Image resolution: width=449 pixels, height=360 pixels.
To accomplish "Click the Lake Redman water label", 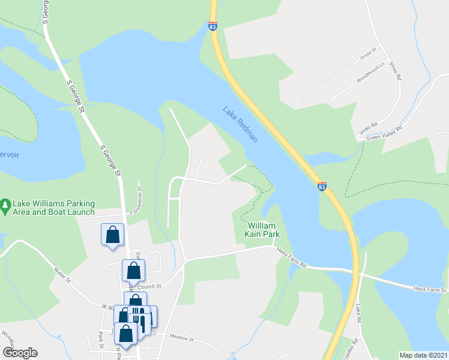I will point(240,124).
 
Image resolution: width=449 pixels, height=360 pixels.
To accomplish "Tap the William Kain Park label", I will point(262,230).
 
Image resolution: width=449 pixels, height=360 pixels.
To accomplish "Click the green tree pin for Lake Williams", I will point(5,205).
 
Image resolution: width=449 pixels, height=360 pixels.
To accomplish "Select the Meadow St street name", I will point(182,338).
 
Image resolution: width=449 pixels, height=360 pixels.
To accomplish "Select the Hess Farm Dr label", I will point(429,289).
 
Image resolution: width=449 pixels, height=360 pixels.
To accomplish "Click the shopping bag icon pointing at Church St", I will point(133,270).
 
